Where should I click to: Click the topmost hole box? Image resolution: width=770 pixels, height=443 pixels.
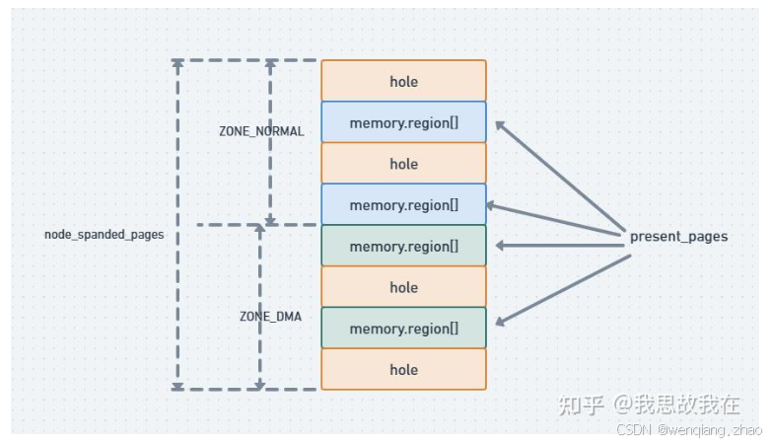coord(403,81)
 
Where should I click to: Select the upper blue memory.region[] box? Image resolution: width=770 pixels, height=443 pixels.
coord(403,122)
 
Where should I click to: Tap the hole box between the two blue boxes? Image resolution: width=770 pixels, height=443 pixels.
coord(403,164)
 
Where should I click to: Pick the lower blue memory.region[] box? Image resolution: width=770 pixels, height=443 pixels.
coord(403,205)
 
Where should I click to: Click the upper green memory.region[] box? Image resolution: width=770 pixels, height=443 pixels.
coord(403,247)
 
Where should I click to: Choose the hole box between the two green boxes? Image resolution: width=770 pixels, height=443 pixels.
coord(403,287)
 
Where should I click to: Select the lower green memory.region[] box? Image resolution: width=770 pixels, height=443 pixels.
coord(403,329)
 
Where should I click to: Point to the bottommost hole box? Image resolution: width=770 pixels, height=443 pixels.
coord(403,370)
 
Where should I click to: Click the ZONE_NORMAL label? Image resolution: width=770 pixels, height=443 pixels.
coord(261,131)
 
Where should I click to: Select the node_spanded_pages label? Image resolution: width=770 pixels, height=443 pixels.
coord(104,235)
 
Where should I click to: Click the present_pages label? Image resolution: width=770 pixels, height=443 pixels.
coord(678,237)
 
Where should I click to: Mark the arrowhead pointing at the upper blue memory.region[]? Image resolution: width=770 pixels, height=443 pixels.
coord(501,126)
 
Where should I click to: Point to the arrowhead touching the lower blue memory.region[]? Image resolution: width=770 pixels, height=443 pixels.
coord(492,206)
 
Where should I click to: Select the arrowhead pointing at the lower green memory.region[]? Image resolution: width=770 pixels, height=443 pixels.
coord(501,321)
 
